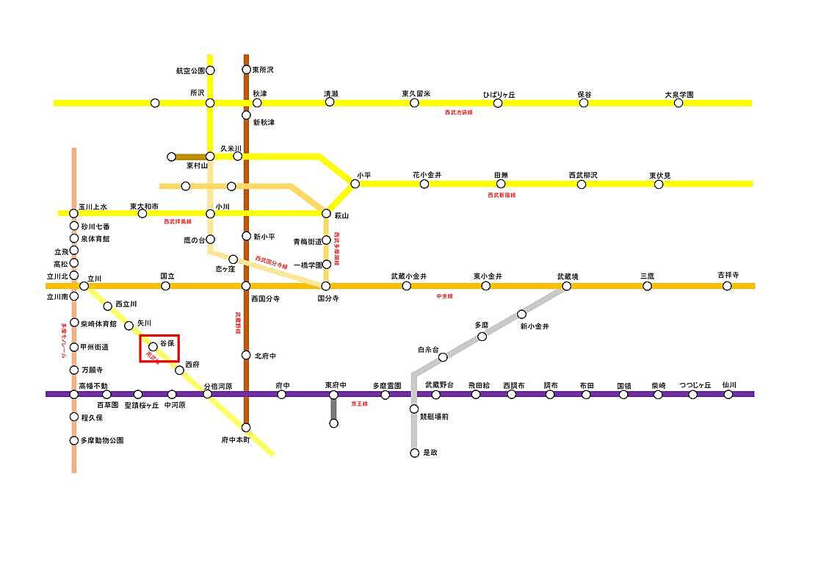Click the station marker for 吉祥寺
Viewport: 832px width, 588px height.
pos(727,286)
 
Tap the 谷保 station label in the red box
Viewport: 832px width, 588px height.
pos(167,343)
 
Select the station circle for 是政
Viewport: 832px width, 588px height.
pos(414,453)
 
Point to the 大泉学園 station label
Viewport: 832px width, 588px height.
pos(679,94)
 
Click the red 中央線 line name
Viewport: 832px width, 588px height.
pos(444,295)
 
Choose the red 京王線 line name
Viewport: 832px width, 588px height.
pos(359,404)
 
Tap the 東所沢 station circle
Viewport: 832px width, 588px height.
pos(247,70)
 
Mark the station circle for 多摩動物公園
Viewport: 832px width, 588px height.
pos(74,441)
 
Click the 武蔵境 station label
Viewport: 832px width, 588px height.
pos(567,276)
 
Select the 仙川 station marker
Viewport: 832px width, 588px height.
pos(728,394)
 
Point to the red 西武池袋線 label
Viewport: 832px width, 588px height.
pos(458,112)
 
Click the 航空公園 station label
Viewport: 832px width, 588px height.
pos(189,71)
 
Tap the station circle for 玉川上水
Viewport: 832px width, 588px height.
pos(74,213)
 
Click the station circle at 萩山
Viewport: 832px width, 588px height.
pos(326,213)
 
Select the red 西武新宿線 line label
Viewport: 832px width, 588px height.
pos(502,195)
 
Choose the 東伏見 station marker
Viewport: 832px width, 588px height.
pos(659,184)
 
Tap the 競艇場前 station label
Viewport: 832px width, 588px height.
pos(434,416)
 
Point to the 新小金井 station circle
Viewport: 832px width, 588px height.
pos(522,314)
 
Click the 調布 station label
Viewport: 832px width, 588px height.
pos(550,384)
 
